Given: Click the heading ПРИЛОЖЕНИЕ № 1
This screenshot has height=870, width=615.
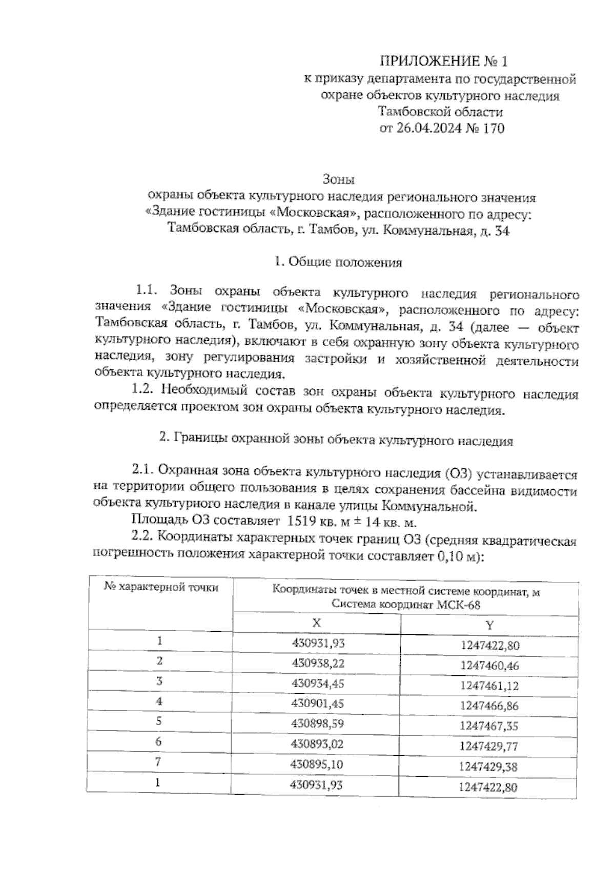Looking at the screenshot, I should [443, 62].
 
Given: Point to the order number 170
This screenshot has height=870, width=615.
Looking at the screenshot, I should [493, 128].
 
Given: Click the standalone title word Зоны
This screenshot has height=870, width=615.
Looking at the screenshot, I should [338, 180].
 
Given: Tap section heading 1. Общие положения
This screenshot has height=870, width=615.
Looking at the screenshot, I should [338, 262].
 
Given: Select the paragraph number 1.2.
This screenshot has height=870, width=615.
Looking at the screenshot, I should [143, 390].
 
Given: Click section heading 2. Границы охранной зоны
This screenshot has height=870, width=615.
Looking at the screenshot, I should [336, 440].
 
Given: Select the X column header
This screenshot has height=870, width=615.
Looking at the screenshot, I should [317, 623].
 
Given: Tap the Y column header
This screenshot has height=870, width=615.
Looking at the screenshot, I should [489, 625].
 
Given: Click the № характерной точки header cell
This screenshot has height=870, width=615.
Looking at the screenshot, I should [161, 588].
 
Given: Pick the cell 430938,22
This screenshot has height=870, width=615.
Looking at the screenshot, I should [317, 664].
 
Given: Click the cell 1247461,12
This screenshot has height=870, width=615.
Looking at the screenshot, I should [489, 686].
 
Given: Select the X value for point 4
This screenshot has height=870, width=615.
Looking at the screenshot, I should [317, 703].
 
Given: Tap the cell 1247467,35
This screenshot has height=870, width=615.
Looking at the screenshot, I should [489, 726].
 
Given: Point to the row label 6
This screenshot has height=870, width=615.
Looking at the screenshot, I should [159, 741].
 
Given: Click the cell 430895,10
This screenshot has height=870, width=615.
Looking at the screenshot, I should [316, 764].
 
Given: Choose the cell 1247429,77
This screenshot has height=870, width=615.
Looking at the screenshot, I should [489, 746].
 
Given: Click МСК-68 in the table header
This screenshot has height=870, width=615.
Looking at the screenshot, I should [458, 605].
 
